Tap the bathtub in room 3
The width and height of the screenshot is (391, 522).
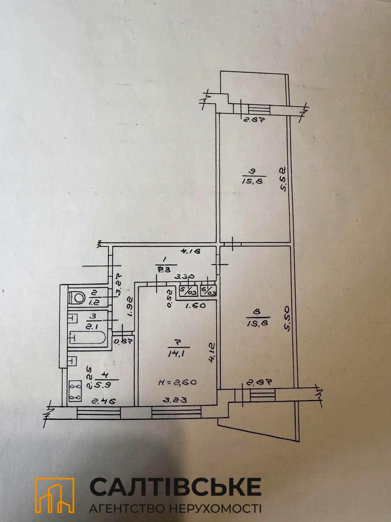pyautogui.click(x=88, y=338)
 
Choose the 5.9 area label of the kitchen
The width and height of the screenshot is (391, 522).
pyautogui.click(x=102, y=385)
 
